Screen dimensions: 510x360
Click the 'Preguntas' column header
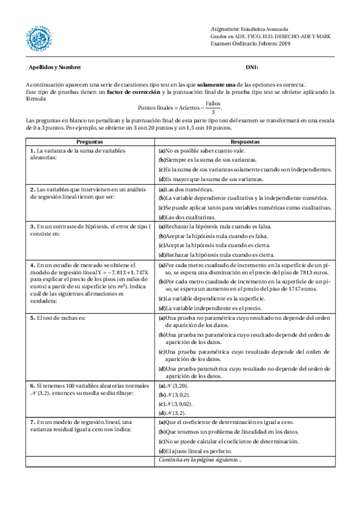pyautogui.click(x=90, y=140)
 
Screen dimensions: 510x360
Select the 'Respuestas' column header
pyautogui.click(x=245, y=140)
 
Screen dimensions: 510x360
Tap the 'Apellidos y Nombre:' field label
pyautogui.click(x=55, y=67)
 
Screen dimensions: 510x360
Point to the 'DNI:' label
pyautogui.click(x=251, y=67)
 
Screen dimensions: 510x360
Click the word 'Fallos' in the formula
pyautogui.click(x=213, y=103)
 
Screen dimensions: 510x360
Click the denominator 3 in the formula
pyautogui.click(x=213, y=112)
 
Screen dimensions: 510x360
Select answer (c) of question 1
pyautogui.click(x=245, y=170)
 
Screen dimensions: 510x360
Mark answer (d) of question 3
pyautogui.click(x=216, y=255)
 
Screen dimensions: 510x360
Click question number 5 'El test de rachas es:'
pyautogui.click(x=58, y=318)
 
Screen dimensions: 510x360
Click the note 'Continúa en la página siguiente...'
pyautogui.click(x=200, y=460)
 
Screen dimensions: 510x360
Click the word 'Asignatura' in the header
pyautogui.click(x=224, y=29)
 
